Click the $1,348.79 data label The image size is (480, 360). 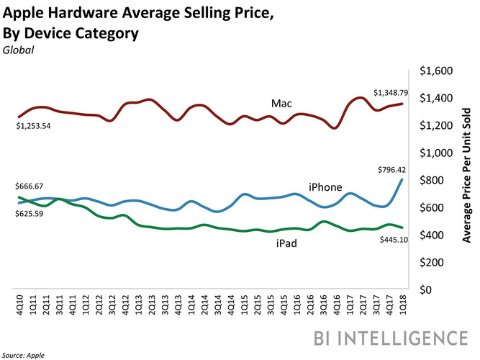pos(393,93)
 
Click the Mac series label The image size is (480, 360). pos(281,104)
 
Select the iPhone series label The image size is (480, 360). pos(325,187)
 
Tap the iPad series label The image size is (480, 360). pos(286,244)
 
